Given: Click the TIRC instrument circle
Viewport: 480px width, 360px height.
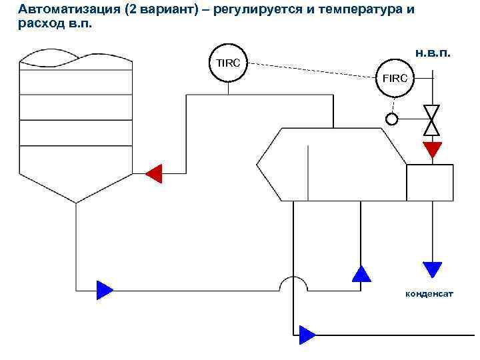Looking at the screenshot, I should pos(228,63).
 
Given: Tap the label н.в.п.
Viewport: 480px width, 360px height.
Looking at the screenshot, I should pos(433,53).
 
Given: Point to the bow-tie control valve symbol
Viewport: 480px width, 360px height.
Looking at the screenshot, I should pos(433,119).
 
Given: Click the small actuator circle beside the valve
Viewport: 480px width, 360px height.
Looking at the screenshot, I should pos(392,119).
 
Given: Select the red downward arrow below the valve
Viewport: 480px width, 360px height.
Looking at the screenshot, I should pos(433,149).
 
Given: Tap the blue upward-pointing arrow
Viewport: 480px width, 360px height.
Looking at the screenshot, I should pos(361,273).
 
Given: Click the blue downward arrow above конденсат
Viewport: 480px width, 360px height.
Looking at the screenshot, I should pos(433,269).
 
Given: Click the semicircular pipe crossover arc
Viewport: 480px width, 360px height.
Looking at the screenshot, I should pos(293,283).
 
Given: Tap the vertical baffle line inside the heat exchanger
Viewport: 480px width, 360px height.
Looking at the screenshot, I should pos(307,170).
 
